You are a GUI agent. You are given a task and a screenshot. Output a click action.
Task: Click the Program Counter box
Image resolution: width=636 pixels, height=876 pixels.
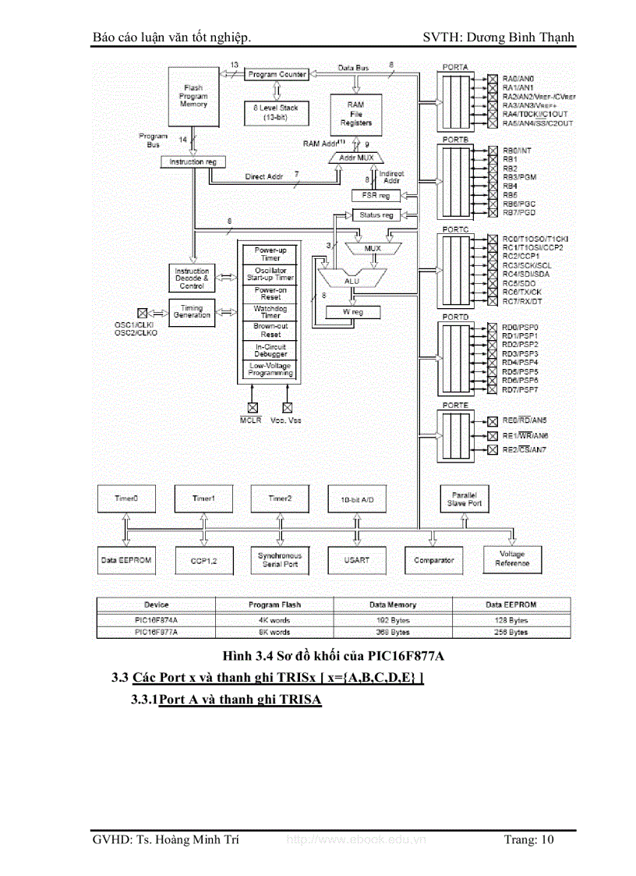click(x=277, y=74)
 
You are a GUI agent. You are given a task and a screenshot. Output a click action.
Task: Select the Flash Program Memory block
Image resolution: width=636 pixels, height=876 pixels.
click(x=193, y=97)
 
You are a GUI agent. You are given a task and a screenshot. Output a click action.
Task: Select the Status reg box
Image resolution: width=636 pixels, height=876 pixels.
click(x=376, y=215)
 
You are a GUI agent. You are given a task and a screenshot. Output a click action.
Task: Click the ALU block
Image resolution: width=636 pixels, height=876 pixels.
click(x=353, y=278)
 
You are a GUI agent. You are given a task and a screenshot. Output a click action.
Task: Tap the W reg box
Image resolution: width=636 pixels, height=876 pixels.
click(x=353, y=312)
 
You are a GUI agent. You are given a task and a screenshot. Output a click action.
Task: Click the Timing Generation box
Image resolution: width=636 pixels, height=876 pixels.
click(x=192, y=311)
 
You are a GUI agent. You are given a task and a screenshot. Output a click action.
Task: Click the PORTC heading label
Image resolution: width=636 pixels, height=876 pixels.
click(x=455, y=231)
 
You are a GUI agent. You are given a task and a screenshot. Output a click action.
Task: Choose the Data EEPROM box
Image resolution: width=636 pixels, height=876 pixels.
click(x=125, y=560)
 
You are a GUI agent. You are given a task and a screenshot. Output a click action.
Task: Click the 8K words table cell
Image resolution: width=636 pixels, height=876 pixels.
click(x=274, y=632)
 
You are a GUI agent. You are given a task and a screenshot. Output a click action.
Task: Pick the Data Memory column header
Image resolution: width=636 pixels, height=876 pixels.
click(x=394, y=605)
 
